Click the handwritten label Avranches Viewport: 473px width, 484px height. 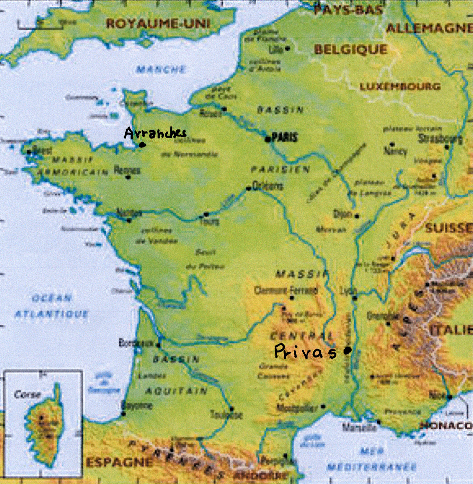(155, 133)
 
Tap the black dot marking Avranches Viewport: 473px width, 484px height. (142, 145)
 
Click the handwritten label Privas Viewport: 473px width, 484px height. (305, 352)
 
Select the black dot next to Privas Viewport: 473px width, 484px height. (347, 350)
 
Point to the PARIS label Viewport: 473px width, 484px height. (285, 137)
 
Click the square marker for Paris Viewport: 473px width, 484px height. (268, 139)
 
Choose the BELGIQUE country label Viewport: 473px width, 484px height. (350, 50)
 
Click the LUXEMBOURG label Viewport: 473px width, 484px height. (400, 87)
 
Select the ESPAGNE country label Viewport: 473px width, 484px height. (119, 462)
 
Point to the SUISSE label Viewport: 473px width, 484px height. (448, 228)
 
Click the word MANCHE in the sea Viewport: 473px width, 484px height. (161, 70)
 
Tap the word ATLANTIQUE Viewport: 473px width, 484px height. (51, 314)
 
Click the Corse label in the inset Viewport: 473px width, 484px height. (27, 394)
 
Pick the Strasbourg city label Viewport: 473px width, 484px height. (440, 138)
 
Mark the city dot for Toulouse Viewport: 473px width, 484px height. (231, 409)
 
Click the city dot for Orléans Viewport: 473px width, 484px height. (248, 188)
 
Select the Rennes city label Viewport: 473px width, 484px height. (127, 170)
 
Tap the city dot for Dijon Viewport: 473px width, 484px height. (357, 216)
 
